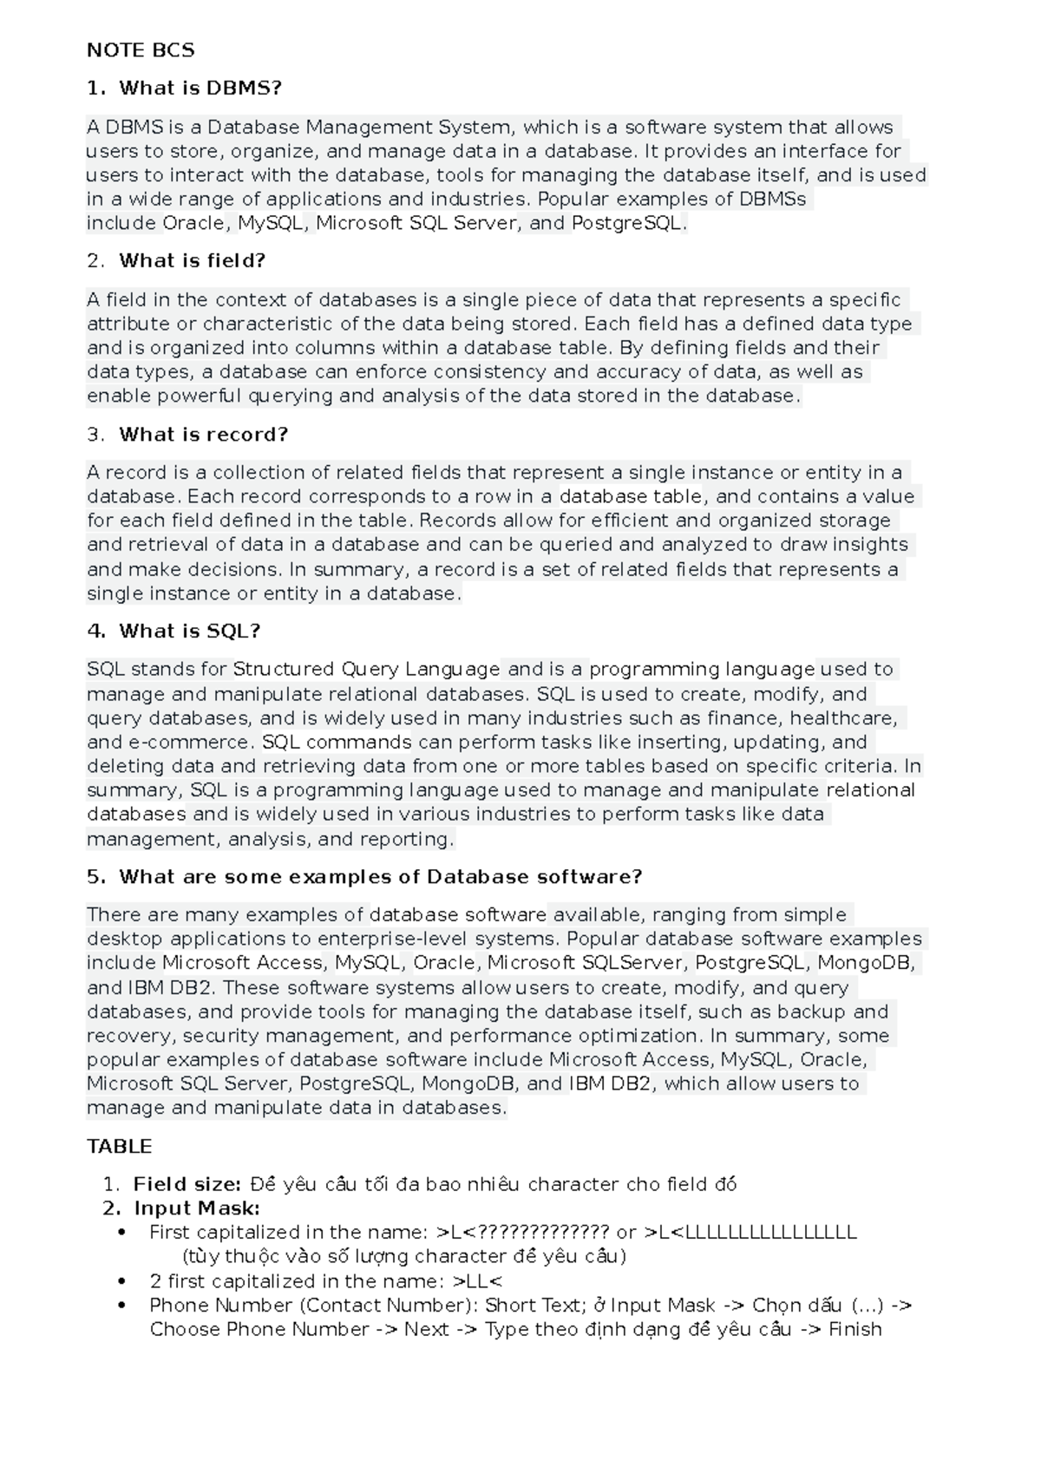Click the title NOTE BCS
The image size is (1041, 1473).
[141, 50]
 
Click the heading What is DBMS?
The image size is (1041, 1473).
[200, 88]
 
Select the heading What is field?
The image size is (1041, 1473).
[192, 261]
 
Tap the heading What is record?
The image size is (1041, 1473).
[203, 435]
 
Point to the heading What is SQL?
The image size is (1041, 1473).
[189, 632]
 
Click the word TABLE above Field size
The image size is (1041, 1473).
[119, 1147]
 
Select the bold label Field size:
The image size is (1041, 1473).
[187, 1185]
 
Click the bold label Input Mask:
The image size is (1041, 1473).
[197, 1208]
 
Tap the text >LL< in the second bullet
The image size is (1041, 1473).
[478, 1281]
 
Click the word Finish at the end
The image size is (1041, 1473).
[854, 1330]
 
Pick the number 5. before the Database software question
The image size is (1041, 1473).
[95, 877]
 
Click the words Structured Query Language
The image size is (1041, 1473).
[366, 670]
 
